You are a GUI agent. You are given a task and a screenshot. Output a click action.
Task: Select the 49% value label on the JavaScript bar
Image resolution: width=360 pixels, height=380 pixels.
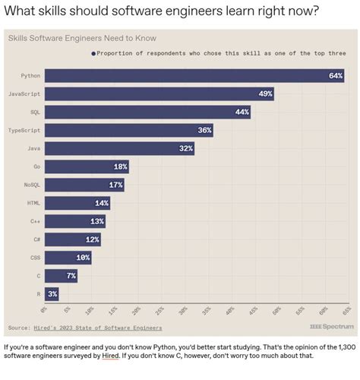tap(265, 93)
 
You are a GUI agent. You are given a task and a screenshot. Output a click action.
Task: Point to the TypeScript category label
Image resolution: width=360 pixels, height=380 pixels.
tap(24, 130)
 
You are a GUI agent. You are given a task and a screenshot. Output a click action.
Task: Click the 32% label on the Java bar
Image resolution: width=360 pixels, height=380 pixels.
tap(185, 148)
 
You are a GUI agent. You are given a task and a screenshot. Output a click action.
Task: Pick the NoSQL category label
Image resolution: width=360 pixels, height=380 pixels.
tap(31, 185)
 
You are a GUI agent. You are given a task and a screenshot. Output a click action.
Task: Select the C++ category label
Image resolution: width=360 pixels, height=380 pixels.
tap(35, 221)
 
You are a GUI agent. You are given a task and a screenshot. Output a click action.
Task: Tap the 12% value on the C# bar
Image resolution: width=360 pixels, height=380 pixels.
tap(92, 239)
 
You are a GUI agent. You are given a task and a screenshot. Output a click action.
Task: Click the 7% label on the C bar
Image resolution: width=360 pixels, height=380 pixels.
tap(71, 276)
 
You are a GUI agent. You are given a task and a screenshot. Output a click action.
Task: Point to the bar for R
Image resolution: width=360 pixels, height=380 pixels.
tap(52, 294)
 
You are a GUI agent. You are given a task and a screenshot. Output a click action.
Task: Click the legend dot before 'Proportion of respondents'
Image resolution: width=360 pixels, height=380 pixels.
tap(94, 53)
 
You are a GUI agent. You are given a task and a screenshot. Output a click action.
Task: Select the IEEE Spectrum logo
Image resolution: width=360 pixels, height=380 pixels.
tap(332, 327)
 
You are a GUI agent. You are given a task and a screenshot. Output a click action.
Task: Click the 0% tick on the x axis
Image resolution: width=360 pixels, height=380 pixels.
tap(44, 310)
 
